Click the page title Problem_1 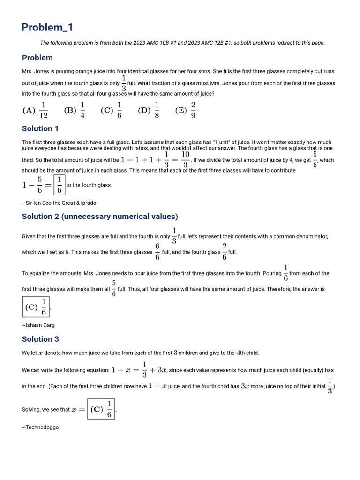tap(47, 27)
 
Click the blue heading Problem tap(37, 58)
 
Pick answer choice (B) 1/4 tap(75, 110)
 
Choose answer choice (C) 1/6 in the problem tap(112, 110)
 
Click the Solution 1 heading tap(40, 128)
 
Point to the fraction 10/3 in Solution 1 tap(185, 159)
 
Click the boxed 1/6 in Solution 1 tap(59, 185)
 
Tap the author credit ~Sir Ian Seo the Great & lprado tap(59, 203)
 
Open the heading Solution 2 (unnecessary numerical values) tap(100, 216)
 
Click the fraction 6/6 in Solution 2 tap(157, 252)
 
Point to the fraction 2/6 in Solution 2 tap(225, 252)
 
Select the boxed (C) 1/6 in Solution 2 tap(36, 307)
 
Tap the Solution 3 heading tap(40, 339)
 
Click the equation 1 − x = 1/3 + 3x tap(139, 370)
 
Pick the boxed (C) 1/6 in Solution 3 tap(101, 409)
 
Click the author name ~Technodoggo tap(40, 427)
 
